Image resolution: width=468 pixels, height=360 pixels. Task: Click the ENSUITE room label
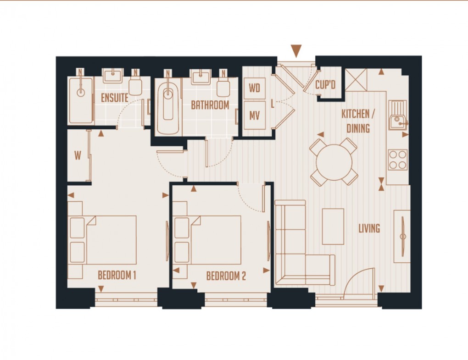114,98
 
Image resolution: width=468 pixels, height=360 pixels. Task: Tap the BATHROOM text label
210,105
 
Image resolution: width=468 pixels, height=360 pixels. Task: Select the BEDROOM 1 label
117,276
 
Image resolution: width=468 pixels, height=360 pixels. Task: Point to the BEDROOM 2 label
226,276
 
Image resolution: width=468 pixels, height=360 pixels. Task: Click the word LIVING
369,228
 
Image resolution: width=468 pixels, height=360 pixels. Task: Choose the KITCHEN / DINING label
358,121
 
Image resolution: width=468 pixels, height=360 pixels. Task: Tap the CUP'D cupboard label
326,86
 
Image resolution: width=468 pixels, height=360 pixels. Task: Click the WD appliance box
255,88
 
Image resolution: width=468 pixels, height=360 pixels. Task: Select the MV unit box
255,116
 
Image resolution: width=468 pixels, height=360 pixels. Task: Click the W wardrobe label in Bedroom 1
78,155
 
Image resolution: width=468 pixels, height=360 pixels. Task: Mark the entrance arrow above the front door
296,50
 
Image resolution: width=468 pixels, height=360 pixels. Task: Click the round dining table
334,162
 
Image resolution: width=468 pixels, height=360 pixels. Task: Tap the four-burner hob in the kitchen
397,160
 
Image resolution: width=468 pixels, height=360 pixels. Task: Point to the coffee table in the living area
333,226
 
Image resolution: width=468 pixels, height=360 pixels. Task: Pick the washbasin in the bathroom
201,77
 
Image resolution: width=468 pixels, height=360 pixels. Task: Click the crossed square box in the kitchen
356,80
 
